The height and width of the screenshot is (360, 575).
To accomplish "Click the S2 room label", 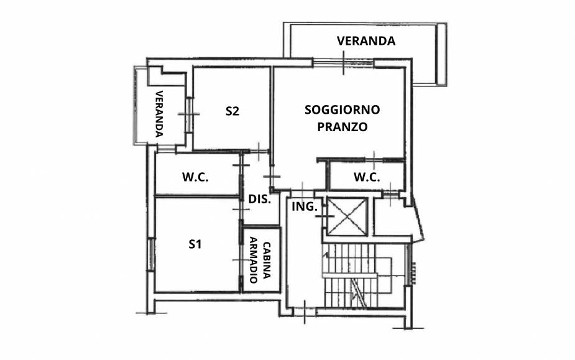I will click(232, 112).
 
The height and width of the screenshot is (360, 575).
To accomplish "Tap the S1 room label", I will click(195, 244).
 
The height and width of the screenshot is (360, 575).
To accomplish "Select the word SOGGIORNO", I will click(342, 110).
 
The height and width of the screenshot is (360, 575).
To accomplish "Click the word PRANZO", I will click(342, 127).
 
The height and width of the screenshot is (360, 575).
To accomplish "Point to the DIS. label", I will click(259, 200).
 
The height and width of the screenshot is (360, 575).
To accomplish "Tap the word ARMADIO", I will click(254, 260).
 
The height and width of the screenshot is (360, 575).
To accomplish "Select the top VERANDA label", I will click(366, 41).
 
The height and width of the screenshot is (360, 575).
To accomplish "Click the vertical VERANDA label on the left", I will click(159, 113).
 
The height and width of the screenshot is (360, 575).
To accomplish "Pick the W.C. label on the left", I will click(195, 177).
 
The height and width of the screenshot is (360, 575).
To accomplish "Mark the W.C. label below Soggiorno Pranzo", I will click(367, 177).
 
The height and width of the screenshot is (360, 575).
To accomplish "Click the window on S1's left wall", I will click(150, 254).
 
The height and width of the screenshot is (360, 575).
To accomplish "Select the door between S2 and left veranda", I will click(188, 114).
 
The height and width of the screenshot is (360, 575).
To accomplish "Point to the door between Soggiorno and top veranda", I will click(343, 62).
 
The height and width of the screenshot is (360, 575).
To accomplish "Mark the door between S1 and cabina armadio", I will click(241, 260).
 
